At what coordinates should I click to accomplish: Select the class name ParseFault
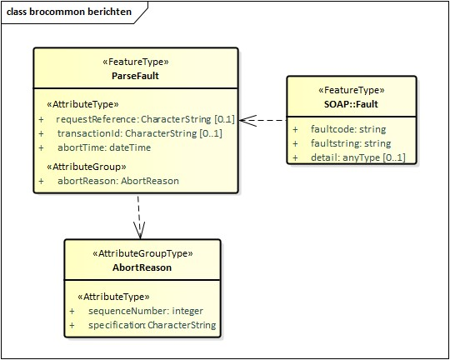[x=135, y=76]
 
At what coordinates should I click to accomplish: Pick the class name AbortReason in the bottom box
[x=142, y=267]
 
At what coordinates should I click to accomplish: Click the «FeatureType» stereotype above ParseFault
[x=135, y=62]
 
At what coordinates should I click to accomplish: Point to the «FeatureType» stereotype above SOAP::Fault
[x=348, y=90]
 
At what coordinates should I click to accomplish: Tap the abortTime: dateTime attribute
[x=104, y=147]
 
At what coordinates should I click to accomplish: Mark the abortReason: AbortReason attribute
[x=117, y=180]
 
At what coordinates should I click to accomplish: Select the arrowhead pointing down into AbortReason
[x=139, y=228]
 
